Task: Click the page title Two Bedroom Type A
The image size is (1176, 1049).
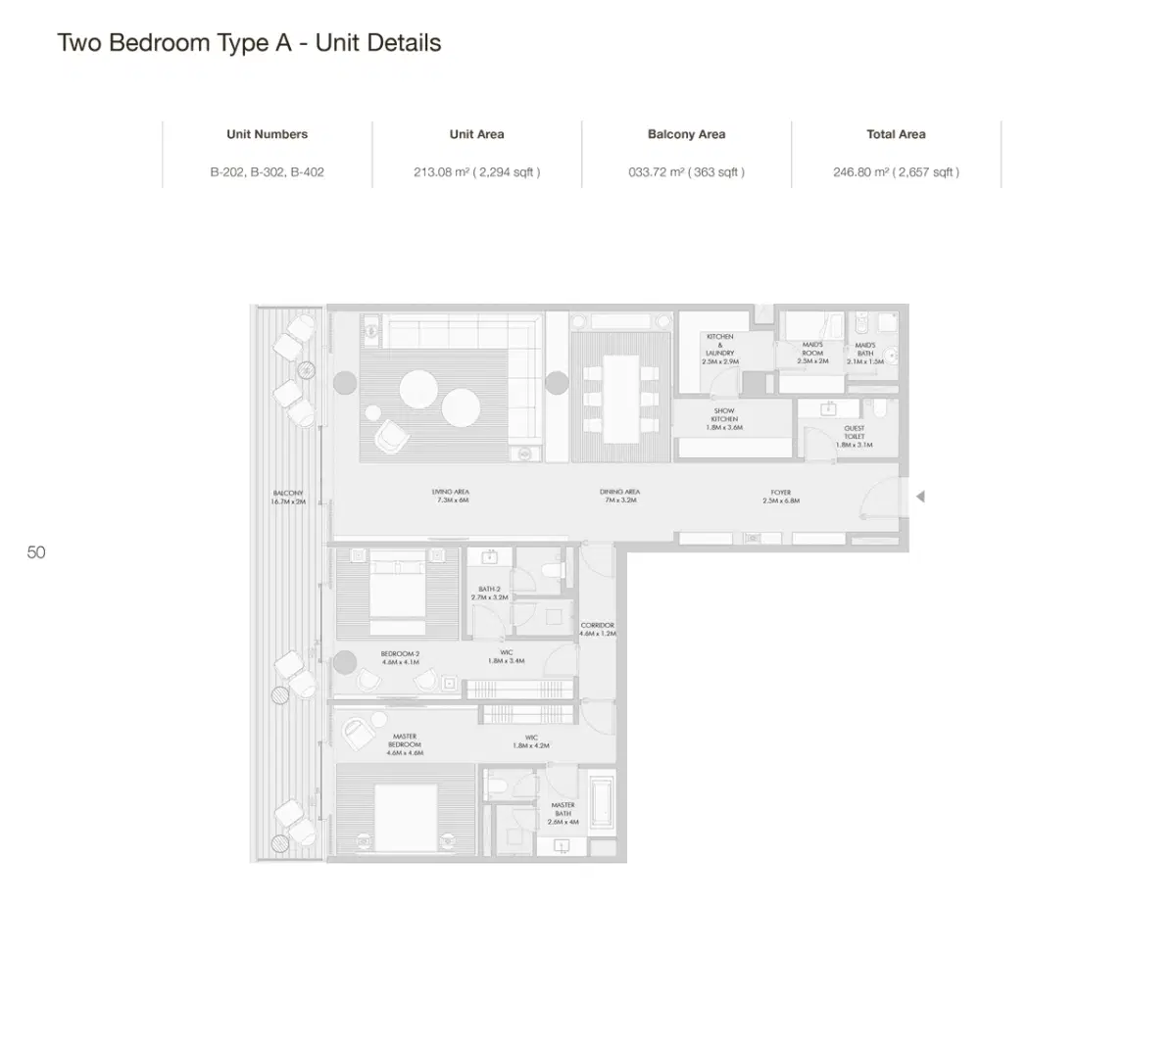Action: (249, 43)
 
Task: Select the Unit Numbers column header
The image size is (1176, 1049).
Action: (267, 134)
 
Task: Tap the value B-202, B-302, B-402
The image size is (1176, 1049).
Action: (267, 172)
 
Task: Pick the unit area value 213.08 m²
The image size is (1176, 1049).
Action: (476, 172)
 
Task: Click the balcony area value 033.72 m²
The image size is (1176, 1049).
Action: (686, 172)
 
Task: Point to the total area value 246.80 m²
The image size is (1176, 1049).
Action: (896, 172)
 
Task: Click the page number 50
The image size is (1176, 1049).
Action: (36, 552)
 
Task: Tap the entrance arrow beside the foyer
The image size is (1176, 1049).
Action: (919, 497)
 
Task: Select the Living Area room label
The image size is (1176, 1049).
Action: (451, 496)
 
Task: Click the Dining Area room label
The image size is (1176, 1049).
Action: (619, 496)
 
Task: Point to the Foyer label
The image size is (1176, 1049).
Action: (781, 496)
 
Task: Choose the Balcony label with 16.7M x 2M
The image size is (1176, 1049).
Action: (288, 497)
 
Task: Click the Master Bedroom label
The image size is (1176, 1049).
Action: (405, 744)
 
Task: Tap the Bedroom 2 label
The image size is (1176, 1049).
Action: (400, 657)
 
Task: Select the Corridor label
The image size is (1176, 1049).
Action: (598, 629)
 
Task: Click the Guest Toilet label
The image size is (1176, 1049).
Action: (855, 436)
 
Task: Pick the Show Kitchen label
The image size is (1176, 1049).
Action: (724, 419)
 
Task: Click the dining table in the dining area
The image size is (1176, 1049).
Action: (620, 399)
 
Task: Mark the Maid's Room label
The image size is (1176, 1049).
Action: (812, 353)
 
